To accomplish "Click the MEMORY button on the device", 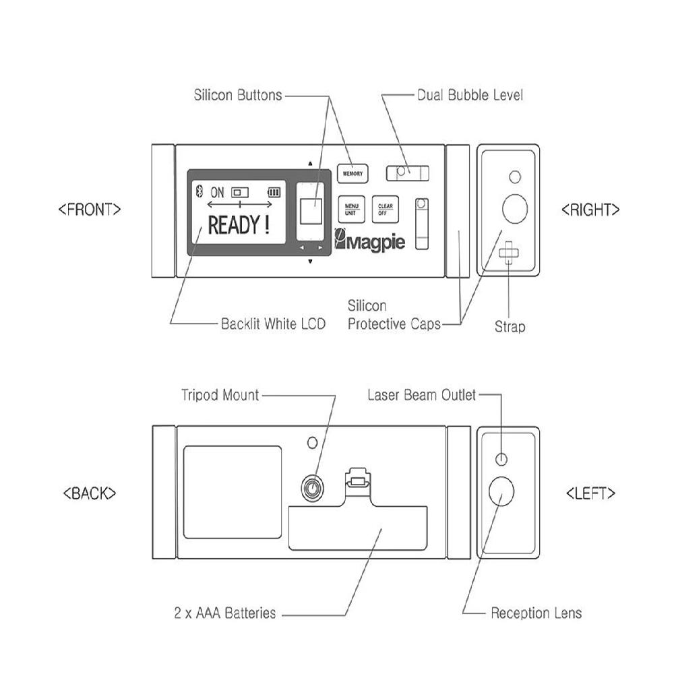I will pyautogui.click(x=353, y=174).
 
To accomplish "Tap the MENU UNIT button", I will pyautogui.click(x=351, y=209).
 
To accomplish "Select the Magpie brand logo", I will pyautogui.click(x=370, y=241).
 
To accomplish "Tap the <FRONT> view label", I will pyautogui.click(x=90, y=209).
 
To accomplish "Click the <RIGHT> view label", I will pyautogui.click(x=590, y=210).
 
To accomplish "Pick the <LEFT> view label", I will pyautogui.click(x=590, y=493).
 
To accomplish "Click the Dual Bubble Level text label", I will pyautogui.click(x=470, y=95).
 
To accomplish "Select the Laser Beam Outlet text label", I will pyautogui.click(x=421, y=395).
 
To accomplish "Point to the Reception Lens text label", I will pyautogui.click(x=536, y=613).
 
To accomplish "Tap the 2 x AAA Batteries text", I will pyautogui.click(x=224, y=613).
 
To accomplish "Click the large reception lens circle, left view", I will pyautogui.click(x=501, y=493).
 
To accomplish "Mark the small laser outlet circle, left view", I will pyautogui.click(x=501, y=459).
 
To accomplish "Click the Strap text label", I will pyautogui.click(x=510, y=327).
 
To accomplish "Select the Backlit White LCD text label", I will pyautogui.click(x=273, y=324).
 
